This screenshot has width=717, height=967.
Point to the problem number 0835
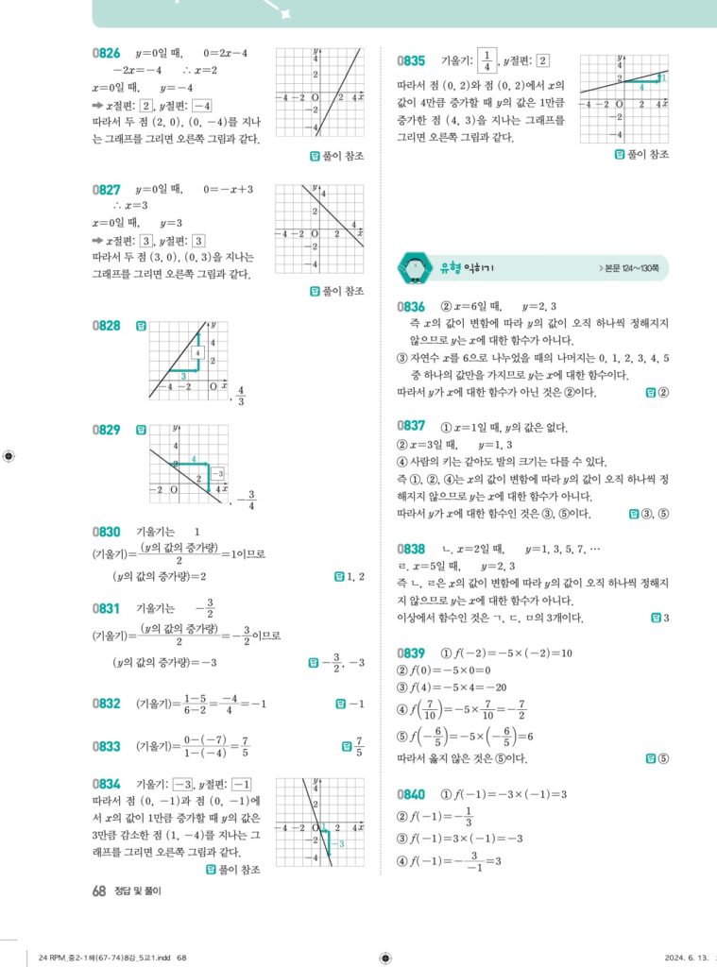pos(411,60)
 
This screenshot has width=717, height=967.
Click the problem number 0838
pos(411,549)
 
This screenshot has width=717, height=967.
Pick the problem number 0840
pos(411,794)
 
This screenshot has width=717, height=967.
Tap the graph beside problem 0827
pos(318,228)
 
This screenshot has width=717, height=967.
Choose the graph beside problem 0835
pos(623,96)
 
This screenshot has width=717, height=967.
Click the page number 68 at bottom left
pos(98,890)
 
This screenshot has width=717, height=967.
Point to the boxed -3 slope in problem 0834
pos(182,786)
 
